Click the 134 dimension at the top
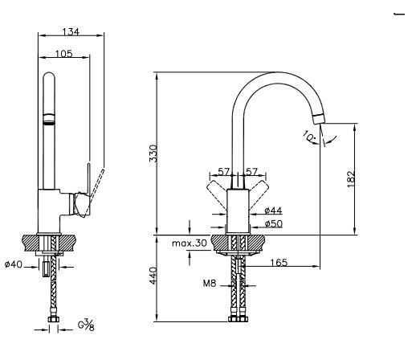(x=71, y=32)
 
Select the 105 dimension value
(x=63, y=54)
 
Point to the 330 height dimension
(x=153, y=153)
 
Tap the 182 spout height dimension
(x=351, y=178)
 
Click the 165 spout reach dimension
(x=279, y=263)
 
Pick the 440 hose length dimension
(x=153, y=276)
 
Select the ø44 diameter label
(x=273, y=211)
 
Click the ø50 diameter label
(x=273, y=223)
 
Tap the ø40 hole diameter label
(x=14, y=264)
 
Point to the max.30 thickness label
(x=190, y=243)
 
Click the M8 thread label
(x=210, y=283)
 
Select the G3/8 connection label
(x=86, y=325)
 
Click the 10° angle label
(x=309, y=137)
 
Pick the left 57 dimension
(x=224, y=172)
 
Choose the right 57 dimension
(x=251, y=172)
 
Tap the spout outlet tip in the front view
(x=319, y=119)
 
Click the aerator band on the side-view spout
(x=49, y=119)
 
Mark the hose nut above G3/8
(x=53, y=319)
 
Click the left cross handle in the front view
(x=217, y=194)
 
